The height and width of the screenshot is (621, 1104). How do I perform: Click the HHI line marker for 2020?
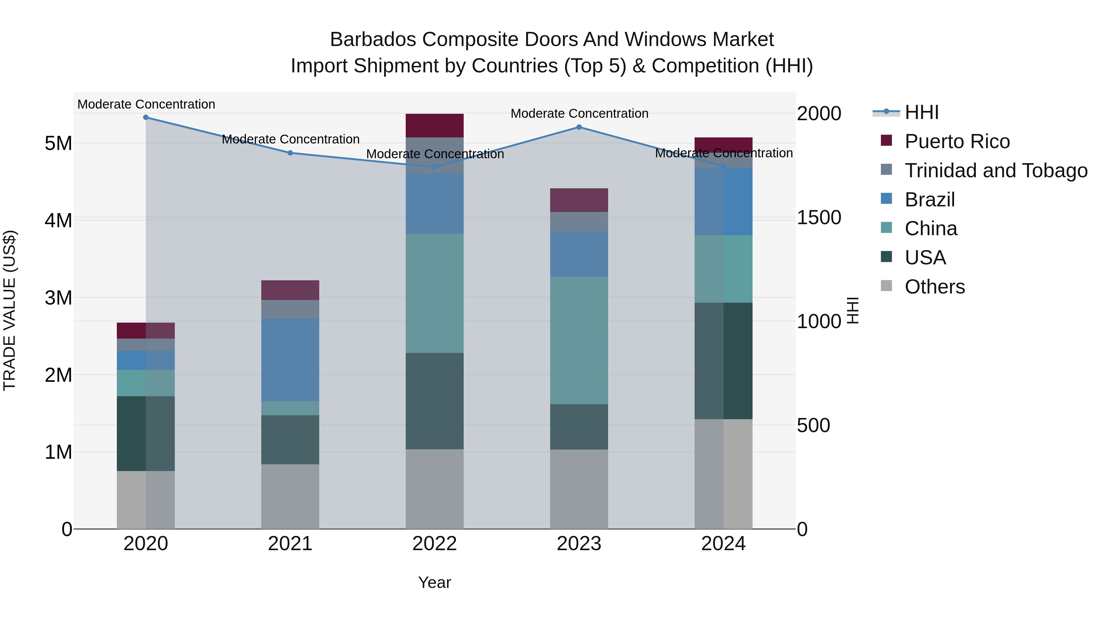(x=146, y=117)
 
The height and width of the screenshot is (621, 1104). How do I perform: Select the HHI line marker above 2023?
(x=579, y=127)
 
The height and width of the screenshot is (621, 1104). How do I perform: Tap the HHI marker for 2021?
(x=290, y=153)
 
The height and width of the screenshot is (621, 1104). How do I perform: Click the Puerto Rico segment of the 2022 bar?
(x=435, y=125)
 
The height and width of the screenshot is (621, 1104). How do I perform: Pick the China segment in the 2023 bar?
(x=579, y=340)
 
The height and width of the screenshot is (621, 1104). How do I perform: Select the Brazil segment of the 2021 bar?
(x=290, y=360)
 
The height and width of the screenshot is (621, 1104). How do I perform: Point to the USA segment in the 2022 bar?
(x=435, y=401)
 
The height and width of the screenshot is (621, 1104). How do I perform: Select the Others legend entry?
(x=934, y=287)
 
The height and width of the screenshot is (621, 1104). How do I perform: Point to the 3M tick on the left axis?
(x=58, y=298)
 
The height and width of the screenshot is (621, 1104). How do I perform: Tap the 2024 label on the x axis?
(x=723, y=544)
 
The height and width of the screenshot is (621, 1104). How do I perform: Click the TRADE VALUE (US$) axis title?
(x=10, y=310)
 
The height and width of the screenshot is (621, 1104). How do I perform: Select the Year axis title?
(x=435, y=582)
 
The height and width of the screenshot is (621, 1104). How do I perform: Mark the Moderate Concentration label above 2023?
(x=579, y=113)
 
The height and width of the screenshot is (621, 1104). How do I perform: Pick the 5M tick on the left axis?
(x=58, y=144)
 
